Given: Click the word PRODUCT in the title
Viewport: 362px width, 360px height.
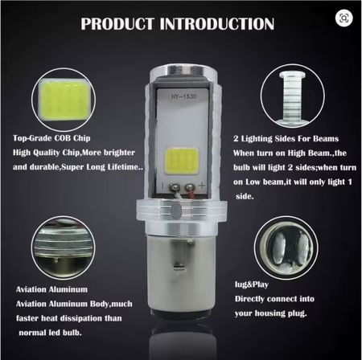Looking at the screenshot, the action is click(x=117, y=23).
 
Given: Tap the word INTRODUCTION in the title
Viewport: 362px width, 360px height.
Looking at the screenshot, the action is click(x=217, y=23).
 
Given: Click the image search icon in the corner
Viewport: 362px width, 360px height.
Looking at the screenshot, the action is click(x=344, y=18).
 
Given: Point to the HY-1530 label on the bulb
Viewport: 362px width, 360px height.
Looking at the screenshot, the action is click(x=184, y=96).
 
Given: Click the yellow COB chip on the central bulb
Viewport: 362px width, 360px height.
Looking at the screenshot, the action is click(x=183, y=161).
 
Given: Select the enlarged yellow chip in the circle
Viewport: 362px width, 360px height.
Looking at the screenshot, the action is click(x=64, y=100).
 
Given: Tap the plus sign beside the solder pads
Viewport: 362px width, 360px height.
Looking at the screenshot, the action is click(x=202, y=185).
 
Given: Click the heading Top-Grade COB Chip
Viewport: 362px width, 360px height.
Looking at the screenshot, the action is click(x=51, y=138).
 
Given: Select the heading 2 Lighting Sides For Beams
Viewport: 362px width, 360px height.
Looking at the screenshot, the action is click(x=286, y=139).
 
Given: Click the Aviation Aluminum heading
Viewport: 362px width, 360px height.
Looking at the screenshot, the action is click(x=51, y=289).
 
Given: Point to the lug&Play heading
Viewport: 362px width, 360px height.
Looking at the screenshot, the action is click(x=252, y=284).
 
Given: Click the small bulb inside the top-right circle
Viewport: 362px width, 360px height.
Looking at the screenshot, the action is click(x=293, y=99).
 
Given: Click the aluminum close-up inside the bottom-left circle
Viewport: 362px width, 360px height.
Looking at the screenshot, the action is click(x=64, y=248).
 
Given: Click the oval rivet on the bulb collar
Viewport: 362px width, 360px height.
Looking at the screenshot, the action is click(x=176, y=210).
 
